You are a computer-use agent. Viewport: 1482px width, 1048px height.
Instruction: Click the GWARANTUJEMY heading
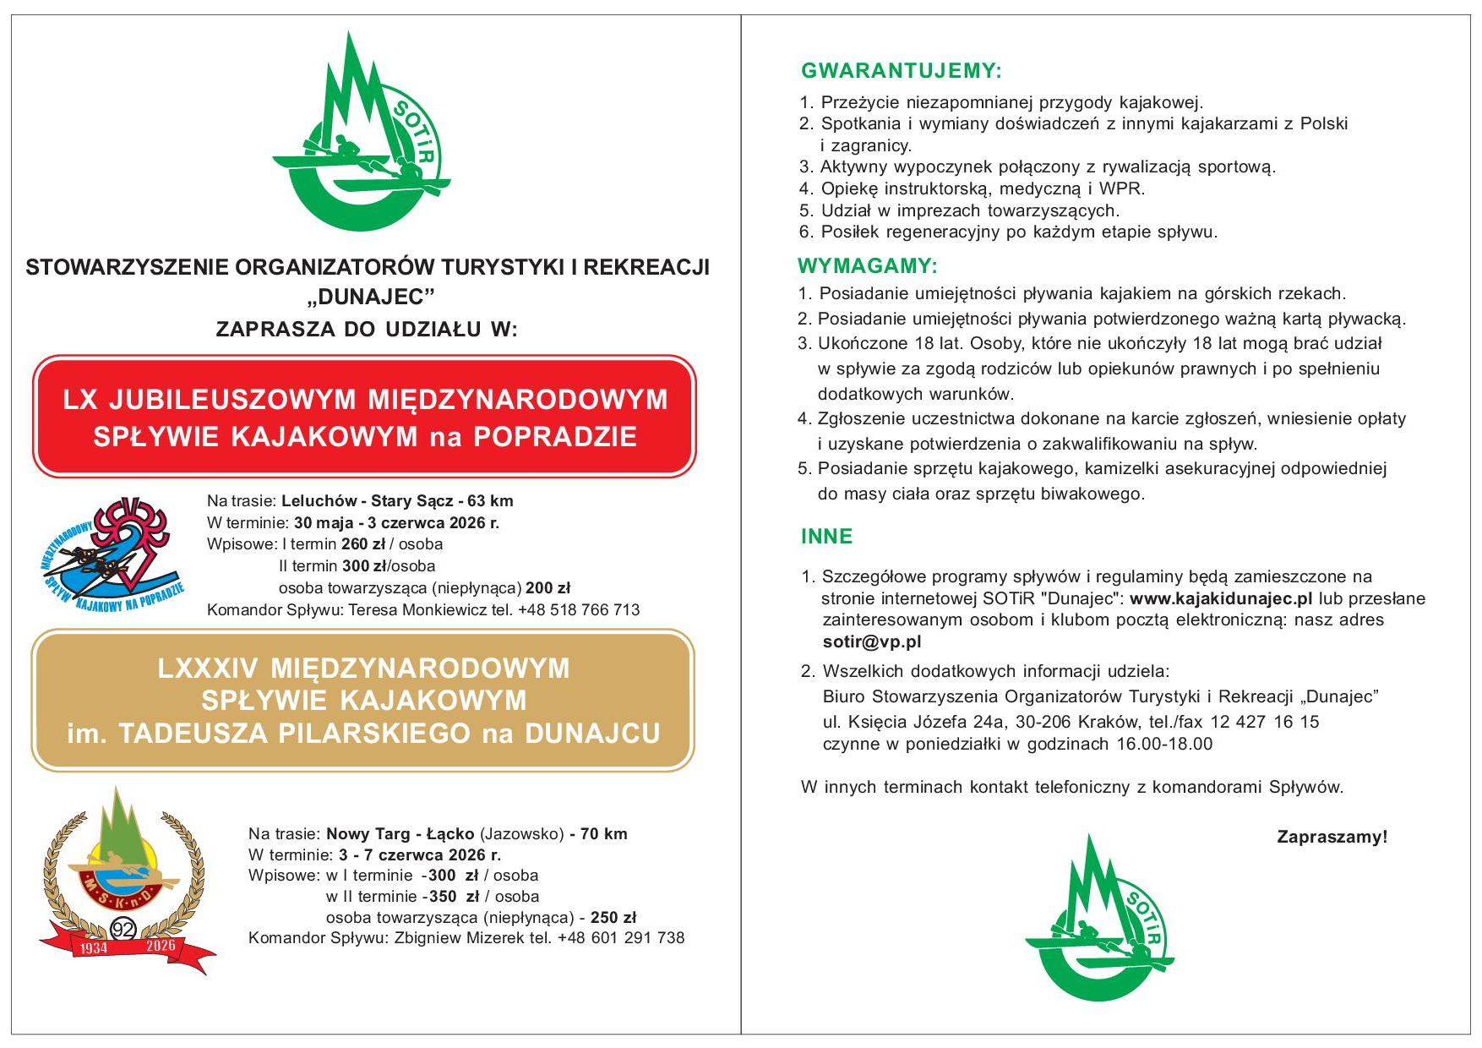point(901,71)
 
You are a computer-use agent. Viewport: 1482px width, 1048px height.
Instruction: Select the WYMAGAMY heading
point(867,266)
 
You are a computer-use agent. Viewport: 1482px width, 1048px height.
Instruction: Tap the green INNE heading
point(826,537)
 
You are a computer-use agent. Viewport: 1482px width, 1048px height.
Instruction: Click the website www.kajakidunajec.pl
point(1221,598)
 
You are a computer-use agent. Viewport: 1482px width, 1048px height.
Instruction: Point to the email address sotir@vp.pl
point(872,641)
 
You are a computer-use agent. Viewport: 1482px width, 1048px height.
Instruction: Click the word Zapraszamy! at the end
point(1332,837)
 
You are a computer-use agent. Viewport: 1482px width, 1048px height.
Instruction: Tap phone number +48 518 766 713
point(579,610)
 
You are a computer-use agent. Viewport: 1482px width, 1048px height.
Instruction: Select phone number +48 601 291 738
point(621,937)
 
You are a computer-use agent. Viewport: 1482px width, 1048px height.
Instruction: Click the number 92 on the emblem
point(123,930)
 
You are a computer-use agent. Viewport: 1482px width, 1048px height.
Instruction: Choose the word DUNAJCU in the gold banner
point(592,734)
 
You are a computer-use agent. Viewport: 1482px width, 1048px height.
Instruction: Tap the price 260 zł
point(363,544)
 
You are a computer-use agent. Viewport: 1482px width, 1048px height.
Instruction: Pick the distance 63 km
point(490,501)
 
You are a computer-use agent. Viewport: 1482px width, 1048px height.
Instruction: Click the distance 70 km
point(603,834)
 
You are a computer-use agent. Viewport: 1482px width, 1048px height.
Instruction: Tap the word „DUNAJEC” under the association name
point(370,297)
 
